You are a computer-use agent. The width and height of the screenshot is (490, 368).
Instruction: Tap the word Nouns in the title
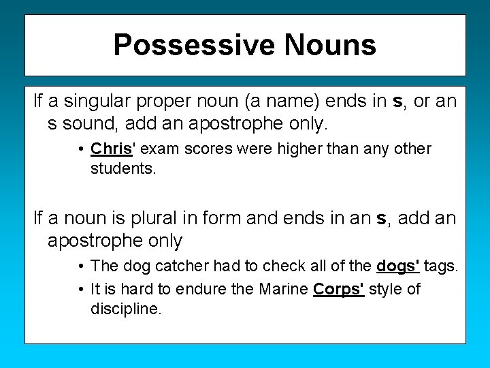(x=330, y=45)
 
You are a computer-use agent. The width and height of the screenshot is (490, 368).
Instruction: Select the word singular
(x=101, y=102)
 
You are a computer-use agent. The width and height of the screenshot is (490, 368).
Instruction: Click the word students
(x=123, y=168)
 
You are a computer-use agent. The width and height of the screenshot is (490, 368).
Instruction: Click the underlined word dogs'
(x=398, y=266)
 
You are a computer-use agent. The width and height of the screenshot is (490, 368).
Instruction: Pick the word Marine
(x=283, y=289)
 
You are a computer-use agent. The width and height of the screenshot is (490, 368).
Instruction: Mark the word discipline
(x=126, y=308)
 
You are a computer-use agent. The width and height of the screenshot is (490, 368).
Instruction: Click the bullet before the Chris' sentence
(x=80, y=149)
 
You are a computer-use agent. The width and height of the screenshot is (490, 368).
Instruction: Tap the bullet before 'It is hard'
(x=80, y=290)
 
